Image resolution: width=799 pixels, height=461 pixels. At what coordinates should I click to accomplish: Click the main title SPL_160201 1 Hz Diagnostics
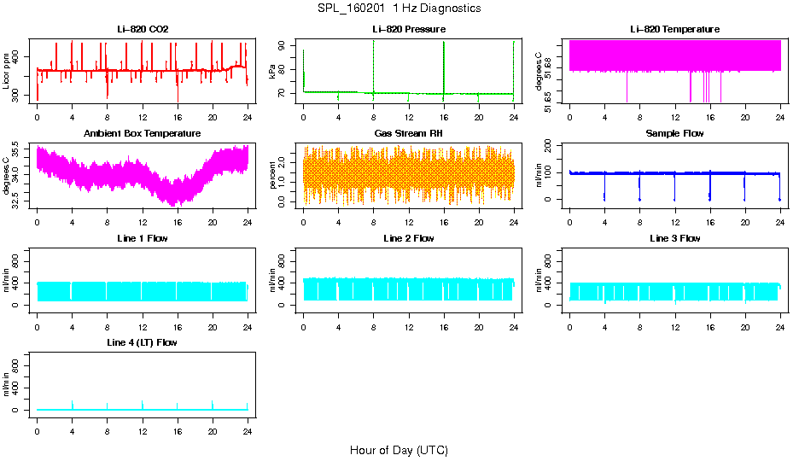pyautogui.click(x=398, y=9)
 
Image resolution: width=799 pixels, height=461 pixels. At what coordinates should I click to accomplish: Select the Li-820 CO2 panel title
pyautogui.click(x=143, y=30)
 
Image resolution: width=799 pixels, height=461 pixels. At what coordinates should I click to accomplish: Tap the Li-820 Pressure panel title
pyautogui.click(x=408, y=30)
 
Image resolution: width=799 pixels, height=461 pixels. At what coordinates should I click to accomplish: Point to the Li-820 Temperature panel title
pyautogui.click(x=674, y=30)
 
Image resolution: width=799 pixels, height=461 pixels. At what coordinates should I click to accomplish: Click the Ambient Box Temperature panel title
pyautogui.click(x=143, y=134)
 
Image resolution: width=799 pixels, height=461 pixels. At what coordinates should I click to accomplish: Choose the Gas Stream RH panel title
pyautogui.click(x=408, y=134)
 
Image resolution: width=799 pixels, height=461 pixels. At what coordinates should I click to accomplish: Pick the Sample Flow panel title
pyautogui.click(x=674, y=134)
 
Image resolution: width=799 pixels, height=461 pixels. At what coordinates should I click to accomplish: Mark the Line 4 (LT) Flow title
pyautogui.click(x=143, y=342)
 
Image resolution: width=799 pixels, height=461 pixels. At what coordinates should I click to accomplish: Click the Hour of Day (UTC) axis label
pyautogui.click(x=399, y=450)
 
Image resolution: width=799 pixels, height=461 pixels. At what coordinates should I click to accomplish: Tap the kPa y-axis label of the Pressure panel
pyautogui.click(x=273, y=71)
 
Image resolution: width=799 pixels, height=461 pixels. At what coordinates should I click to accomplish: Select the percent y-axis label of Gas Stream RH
pyautogui.click(x=273, y=175)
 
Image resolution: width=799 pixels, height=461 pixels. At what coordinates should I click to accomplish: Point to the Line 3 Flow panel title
pyautogui.click(x=674, y=238)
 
